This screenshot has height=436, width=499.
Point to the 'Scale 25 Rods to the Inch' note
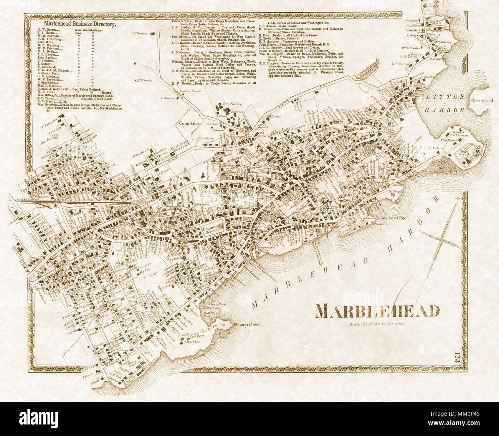point(377,323)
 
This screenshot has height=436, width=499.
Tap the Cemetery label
point(189,124)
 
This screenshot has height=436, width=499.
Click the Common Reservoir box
point(210,228)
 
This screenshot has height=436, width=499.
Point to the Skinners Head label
point(247,324)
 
